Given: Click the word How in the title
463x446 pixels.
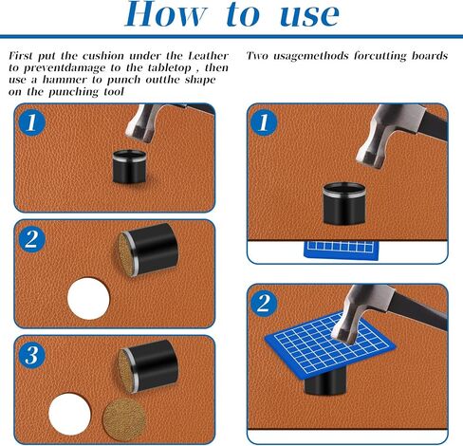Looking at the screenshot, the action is coord(165,14).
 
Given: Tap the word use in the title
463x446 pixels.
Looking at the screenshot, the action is coord(309,15).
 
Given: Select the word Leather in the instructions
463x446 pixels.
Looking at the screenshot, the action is coord(208,56).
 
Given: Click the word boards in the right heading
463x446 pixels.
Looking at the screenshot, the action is coord(430,56).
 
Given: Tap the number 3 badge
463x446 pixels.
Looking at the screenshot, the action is coord(31,355).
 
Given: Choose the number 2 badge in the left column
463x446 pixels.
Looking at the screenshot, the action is coord(31,239).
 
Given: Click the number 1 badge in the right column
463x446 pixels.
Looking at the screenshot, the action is coord(264,122).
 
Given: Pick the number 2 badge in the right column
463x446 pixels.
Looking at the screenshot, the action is coord(264,304).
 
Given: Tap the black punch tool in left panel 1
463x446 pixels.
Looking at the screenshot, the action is coord(130,167).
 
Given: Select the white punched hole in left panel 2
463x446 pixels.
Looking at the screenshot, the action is coord(88,299).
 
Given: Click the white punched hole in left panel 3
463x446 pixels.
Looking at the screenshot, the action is coord(69,414).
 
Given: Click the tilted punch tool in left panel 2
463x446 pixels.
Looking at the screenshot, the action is coord(148,250).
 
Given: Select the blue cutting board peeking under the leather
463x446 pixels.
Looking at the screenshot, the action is coord(342,251).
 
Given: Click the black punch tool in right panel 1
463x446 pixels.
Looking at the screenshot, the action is coord(344,204).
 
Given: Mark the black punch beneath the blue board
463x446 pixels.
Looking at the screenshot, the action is coord(325,381).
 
